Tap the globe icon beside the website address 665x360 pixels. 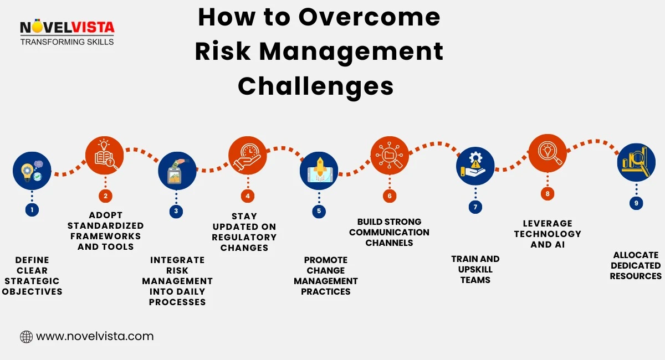coord(26,336)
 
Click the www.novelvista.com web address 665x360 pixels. coord(95,336)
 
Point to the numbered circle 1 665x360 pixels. coord(32,210)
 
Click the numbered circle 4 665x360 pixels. coord(248,196)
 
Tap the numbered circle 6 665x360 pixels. coord(390,196)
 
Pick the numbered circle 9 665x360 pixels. coord(636,203)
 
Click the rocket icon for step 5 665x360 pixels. coord(319,171)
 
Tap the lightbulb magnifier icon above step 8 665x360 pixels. coord(548,153)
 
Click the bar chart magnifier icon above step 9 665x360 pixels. coord(636,162)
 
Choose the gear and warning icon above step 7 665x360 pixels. coord(475,166)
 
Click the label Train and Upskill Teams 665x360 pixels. coord(475,269)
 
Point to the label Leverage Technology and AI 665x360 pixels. coord(548,234)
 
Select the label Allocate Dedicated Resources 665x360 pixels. coord(636,265)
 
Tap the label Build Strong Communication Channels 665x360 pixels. coord(389,232)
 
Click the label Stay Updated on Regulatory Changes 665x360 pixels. coord(244,232)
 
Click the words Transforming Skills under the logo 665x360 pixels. coord(66,42)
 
